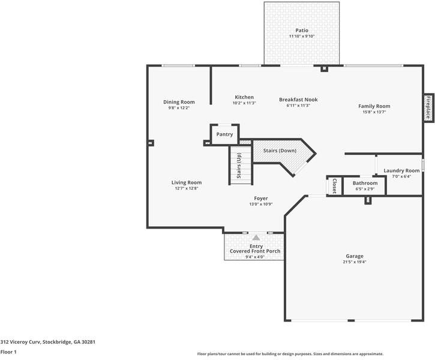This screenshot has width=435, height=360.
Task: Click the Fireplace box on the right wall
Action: (x=428, y=107)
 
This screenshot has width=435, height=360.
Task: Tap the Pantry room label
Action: (x=224, y=134)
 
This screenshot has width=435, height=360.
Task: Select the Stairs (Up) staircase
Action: (x=241, y=166)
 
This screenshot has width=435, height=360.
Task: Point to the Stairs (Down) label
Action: (x=280, y=151)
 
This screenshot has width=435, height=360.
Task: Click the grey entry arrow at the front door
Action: (x=256, y=238)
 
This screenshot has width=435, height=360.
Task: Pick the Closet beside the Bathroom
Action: (x=335, y=186)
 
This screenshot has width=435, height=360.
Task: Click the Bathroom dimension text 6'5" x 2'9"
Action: (x=365, y=189)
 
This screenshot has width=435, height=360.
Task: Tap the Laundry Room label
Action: (x=401, y=170)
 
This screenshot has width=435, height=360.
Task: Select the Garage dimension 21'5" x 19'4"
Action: (x=354, y=262)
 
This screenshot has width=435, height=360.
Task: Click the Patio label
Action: (x=302, y=30)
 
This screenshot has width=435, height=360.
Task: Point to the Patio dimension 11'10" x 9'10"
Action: (x=302, y=37)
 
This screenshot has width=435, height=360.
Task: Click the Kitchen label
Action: (x=244, y=97)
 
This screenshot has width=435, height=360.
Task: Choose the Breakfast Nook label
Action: (x=298, y=100)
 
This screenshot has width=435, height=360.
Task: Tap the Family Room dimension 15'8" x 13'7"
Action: (x=374, y=112)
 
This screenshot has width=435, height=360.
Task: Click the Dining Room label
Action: (x=179, y=102)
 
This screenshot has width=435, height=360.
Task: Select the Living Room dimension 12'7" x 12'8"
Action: (x=187, y=188)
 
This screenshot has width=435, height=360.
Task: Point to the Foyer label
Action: (x=261, y=199)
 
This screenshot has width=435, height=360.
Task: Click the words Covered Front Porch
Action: (x=255, y=251)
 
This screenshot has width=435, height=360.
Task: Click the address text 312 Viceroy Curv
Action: (x=21, y=342)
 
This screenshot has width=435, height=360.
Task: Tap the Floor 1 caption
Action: (x=8, y=352)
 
